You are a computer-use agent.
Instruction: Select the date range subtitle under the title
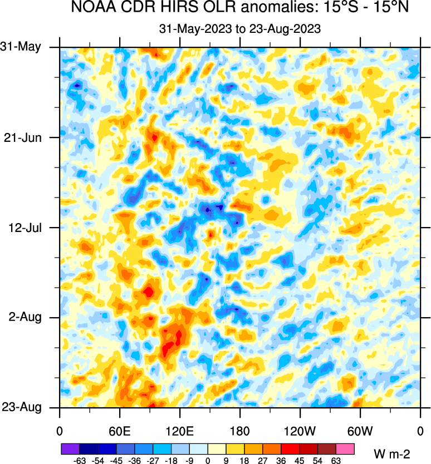click(239, 29)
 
